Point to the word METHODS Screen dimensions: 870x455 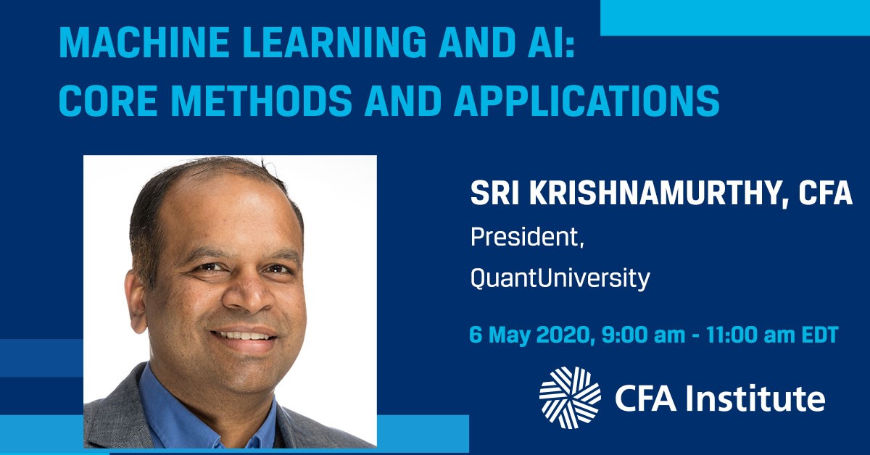pos(261,101)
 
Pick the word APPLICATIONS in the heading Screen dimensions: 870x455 pos(587,101)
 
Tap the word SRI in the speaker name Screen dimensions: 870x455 pos(494,193)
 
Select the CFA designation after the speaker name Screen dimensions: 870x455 pos(825,193)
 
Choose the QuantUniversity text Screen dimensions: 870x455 pos(560,278)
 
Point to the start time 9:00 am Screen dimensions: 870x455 pos(643,335)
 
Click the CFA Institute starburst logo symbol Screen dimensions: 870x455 pos(570,398)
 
